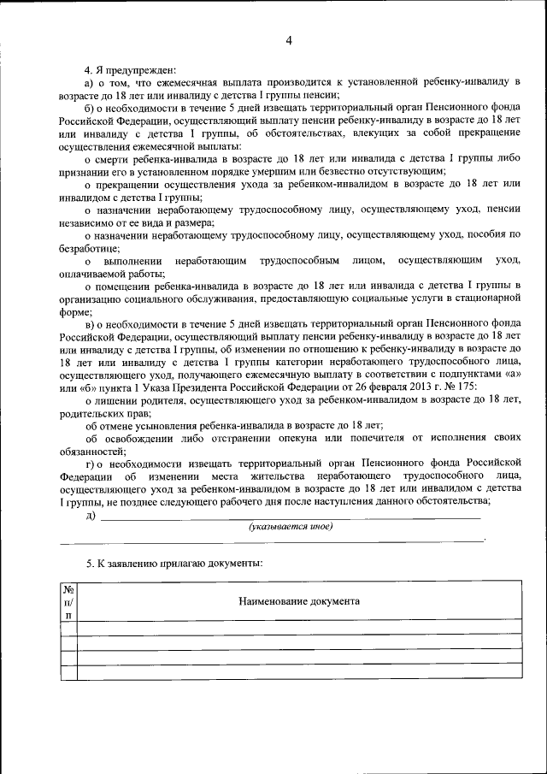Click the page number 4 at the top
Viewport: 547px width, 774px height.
pyautogui.click(x=289, y=40)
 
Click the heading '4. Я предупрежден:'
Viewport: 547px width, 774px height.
pyautogui.click(x=129, y=69)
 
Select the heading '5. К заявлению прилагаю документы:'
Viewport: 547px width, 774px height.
pyautogui.click(x=174, y=564)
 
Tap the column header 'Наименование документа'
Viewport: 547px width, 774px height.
pyautogui.click(x=298, y=601)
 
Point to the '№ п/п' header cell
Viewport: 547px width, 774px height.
pyautogui.click(x=68, y=601)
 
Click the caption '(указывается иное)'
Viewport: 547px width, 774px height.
pyautogui.click(x=290, y=527)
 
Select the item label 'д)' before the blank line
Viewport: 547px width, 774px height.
pyautogui.click(x=91, y=515)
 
